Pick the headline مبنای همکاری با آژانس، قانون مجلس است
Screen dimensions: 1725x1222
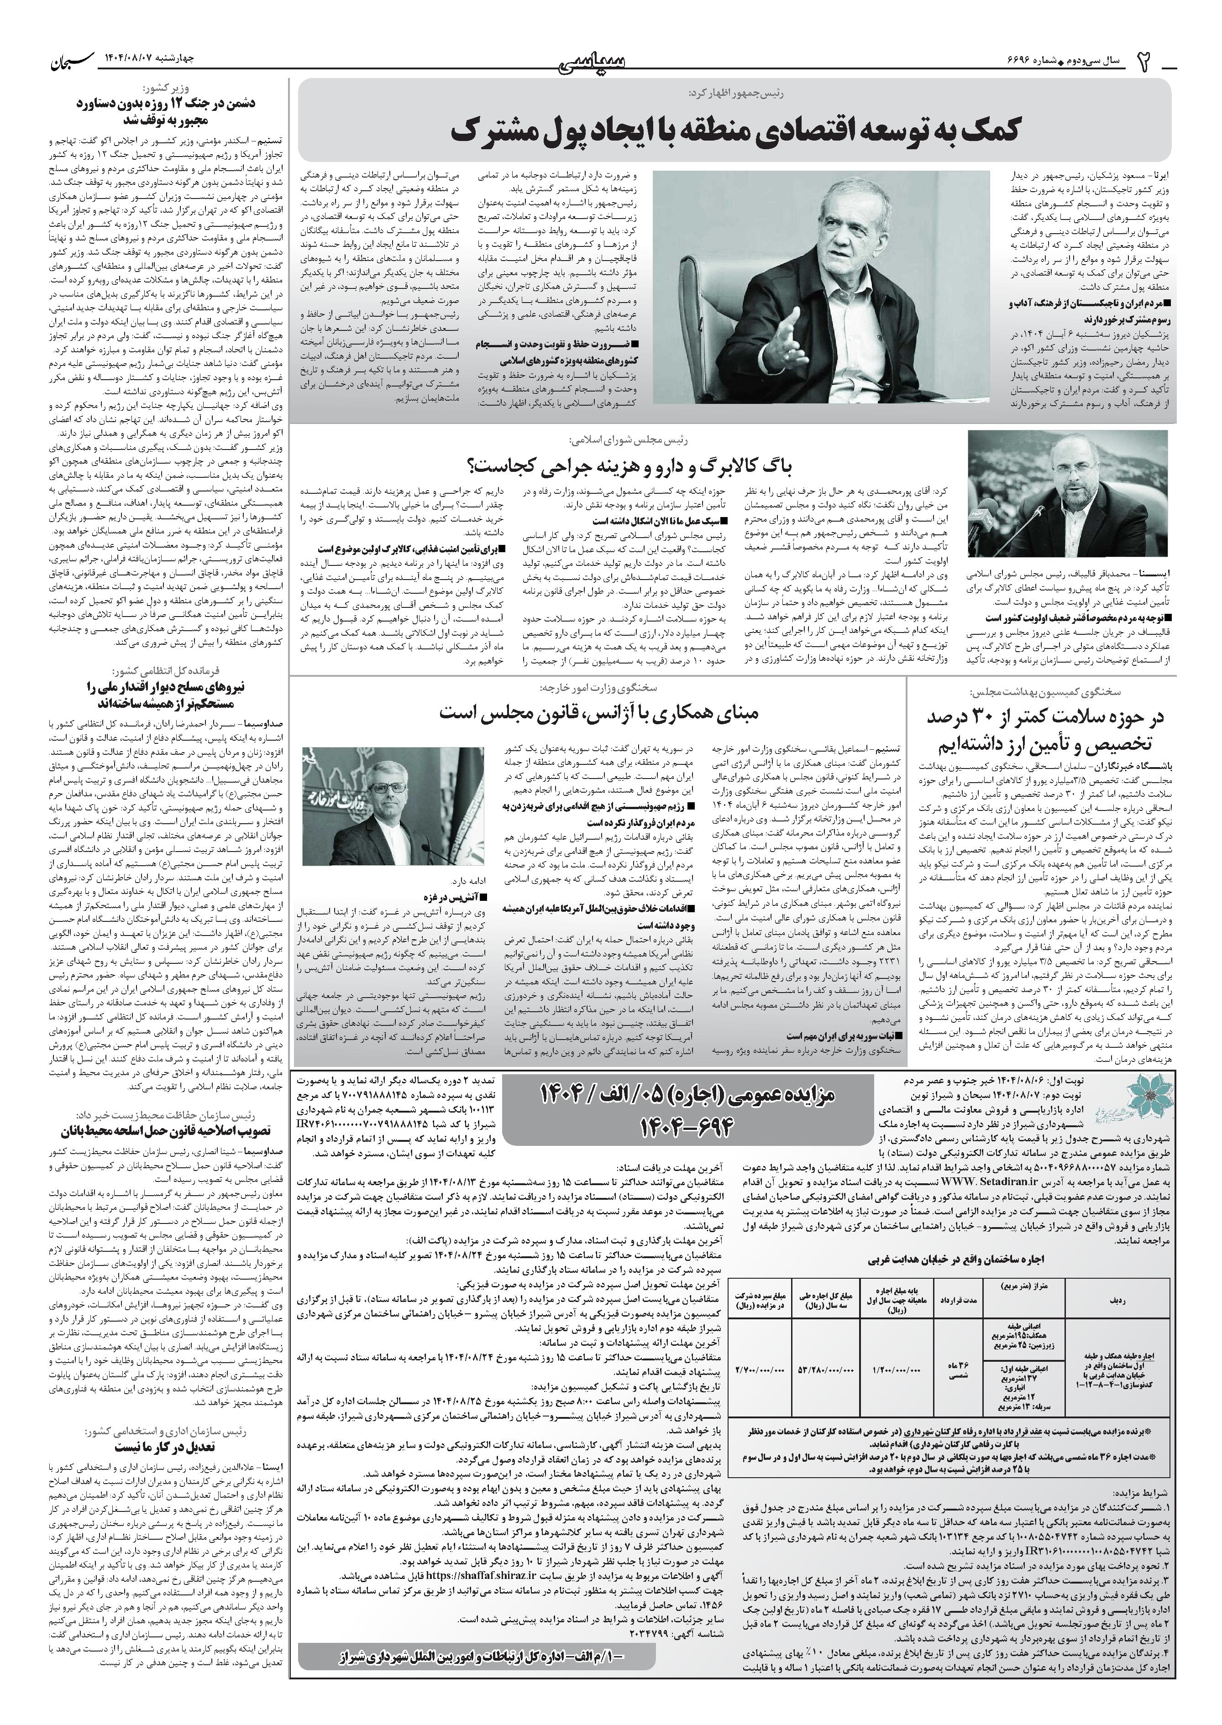click(598, 711)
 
